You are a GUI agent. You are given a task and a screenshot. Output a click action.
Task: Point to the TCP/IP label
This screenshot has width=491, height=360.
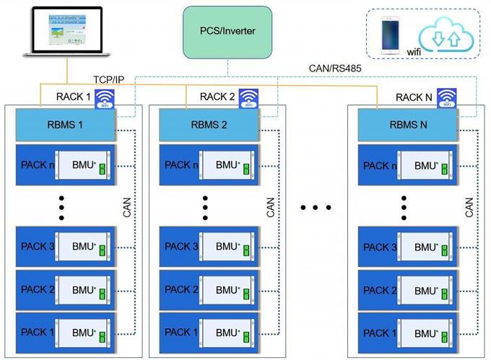pos(110,79)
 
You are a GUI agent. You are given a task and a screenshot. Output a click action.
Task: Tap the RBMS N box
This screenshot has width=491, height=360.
pos(409,125)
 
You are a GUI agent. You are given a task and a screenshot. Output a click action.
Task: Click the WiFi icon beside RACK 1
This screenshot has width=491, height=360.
pos(105,97)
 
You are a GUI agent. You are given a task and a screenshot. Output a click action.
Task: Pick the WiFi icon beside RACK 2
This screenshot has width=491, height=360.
pos(249,97)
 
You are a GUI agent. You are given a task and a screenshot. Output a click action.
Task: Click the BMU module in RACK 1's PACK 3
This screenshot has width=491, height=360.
pos(84,247)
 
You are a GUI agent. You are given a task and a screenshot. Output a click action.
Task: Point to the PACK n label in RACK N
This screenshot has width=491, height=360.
pos(380,165)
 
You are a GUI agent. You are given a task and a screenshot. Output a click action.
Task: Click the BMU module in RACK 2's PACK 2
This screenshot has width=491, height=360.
pos(227,290)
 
